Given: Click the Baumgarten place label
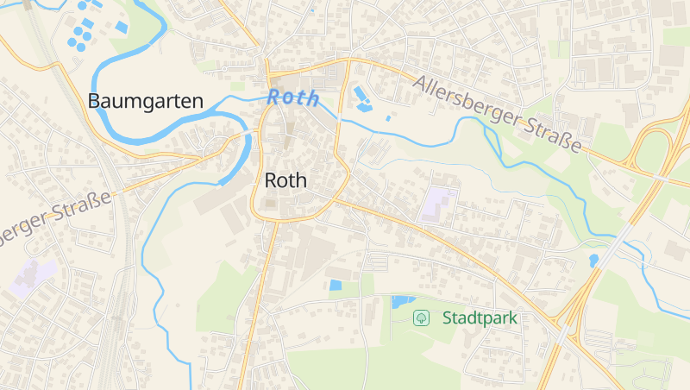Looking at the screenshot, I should coord(146,101).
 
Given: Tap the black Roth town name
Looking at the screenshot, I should coord(285,180).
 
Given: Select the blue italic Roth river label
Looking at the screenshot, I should coord(293,97).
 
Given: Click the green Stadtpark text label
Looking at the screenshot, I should coord(480,318).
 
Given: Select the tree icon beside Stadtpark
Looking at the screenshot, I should coord(421,318).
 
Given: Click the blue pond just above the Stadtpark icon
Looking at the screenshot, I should coord(402,302).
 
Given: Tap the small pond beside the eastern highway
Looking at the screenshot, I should coord(593,259).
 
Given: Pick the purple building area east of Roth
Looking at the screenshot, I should coord(439,203).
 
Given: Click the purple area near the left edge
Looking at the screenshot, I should coord(33,276).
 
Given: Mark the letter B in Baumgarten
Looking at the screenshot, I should coord(94,101).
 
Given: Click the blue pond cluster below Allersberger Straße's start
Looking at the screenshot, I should coord(362,98).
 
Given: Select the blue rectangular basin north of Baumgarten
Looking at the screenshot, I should coord(122,28).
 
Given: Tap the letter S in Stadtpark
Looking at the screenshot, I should coord(448,318).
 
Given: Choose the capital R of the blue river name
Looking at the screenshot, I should coord(274,97).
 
